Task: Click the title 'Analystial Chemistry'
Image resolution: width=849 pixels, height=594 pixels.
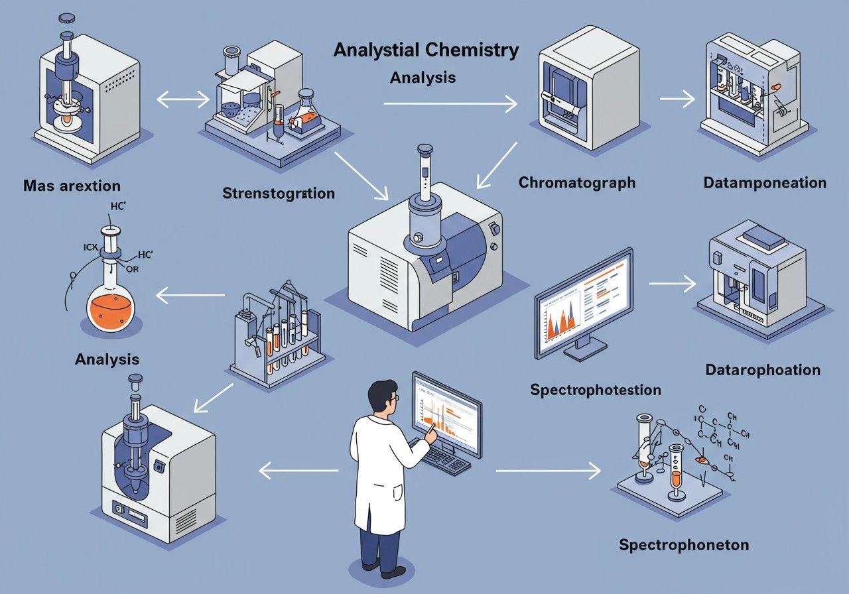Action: coord(426,51)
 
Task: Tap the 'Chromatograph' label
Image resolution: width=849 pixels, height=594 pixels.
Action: coord(576,182)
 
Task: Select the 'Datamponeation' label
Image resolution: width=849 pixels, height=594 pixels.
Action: coord(765,182)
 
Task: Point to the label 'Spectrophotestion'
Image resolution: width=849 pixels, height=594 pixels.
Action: coord(596,389)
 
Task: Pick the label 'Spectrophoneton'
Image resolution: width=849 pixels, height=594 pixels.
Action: coord(684,545)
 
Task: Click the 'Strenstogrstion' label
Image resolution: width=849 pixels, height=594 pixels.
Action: coord(279,194)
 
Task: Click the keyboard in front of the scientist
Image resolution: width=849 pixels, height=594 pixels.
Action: coord(448,457)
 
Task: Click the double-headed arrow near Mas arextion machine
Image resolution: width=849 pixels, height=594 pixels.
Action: coord(182,100)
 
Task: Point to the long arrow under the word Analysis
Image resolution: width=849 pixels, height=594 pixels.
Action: coord(450,103)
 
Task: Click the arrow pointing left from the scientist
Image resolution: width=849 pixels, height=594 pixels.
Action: coord(298,471)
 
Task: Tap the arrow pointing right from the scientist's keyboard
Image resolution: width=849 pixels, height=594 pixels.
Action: coord(548,471)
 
